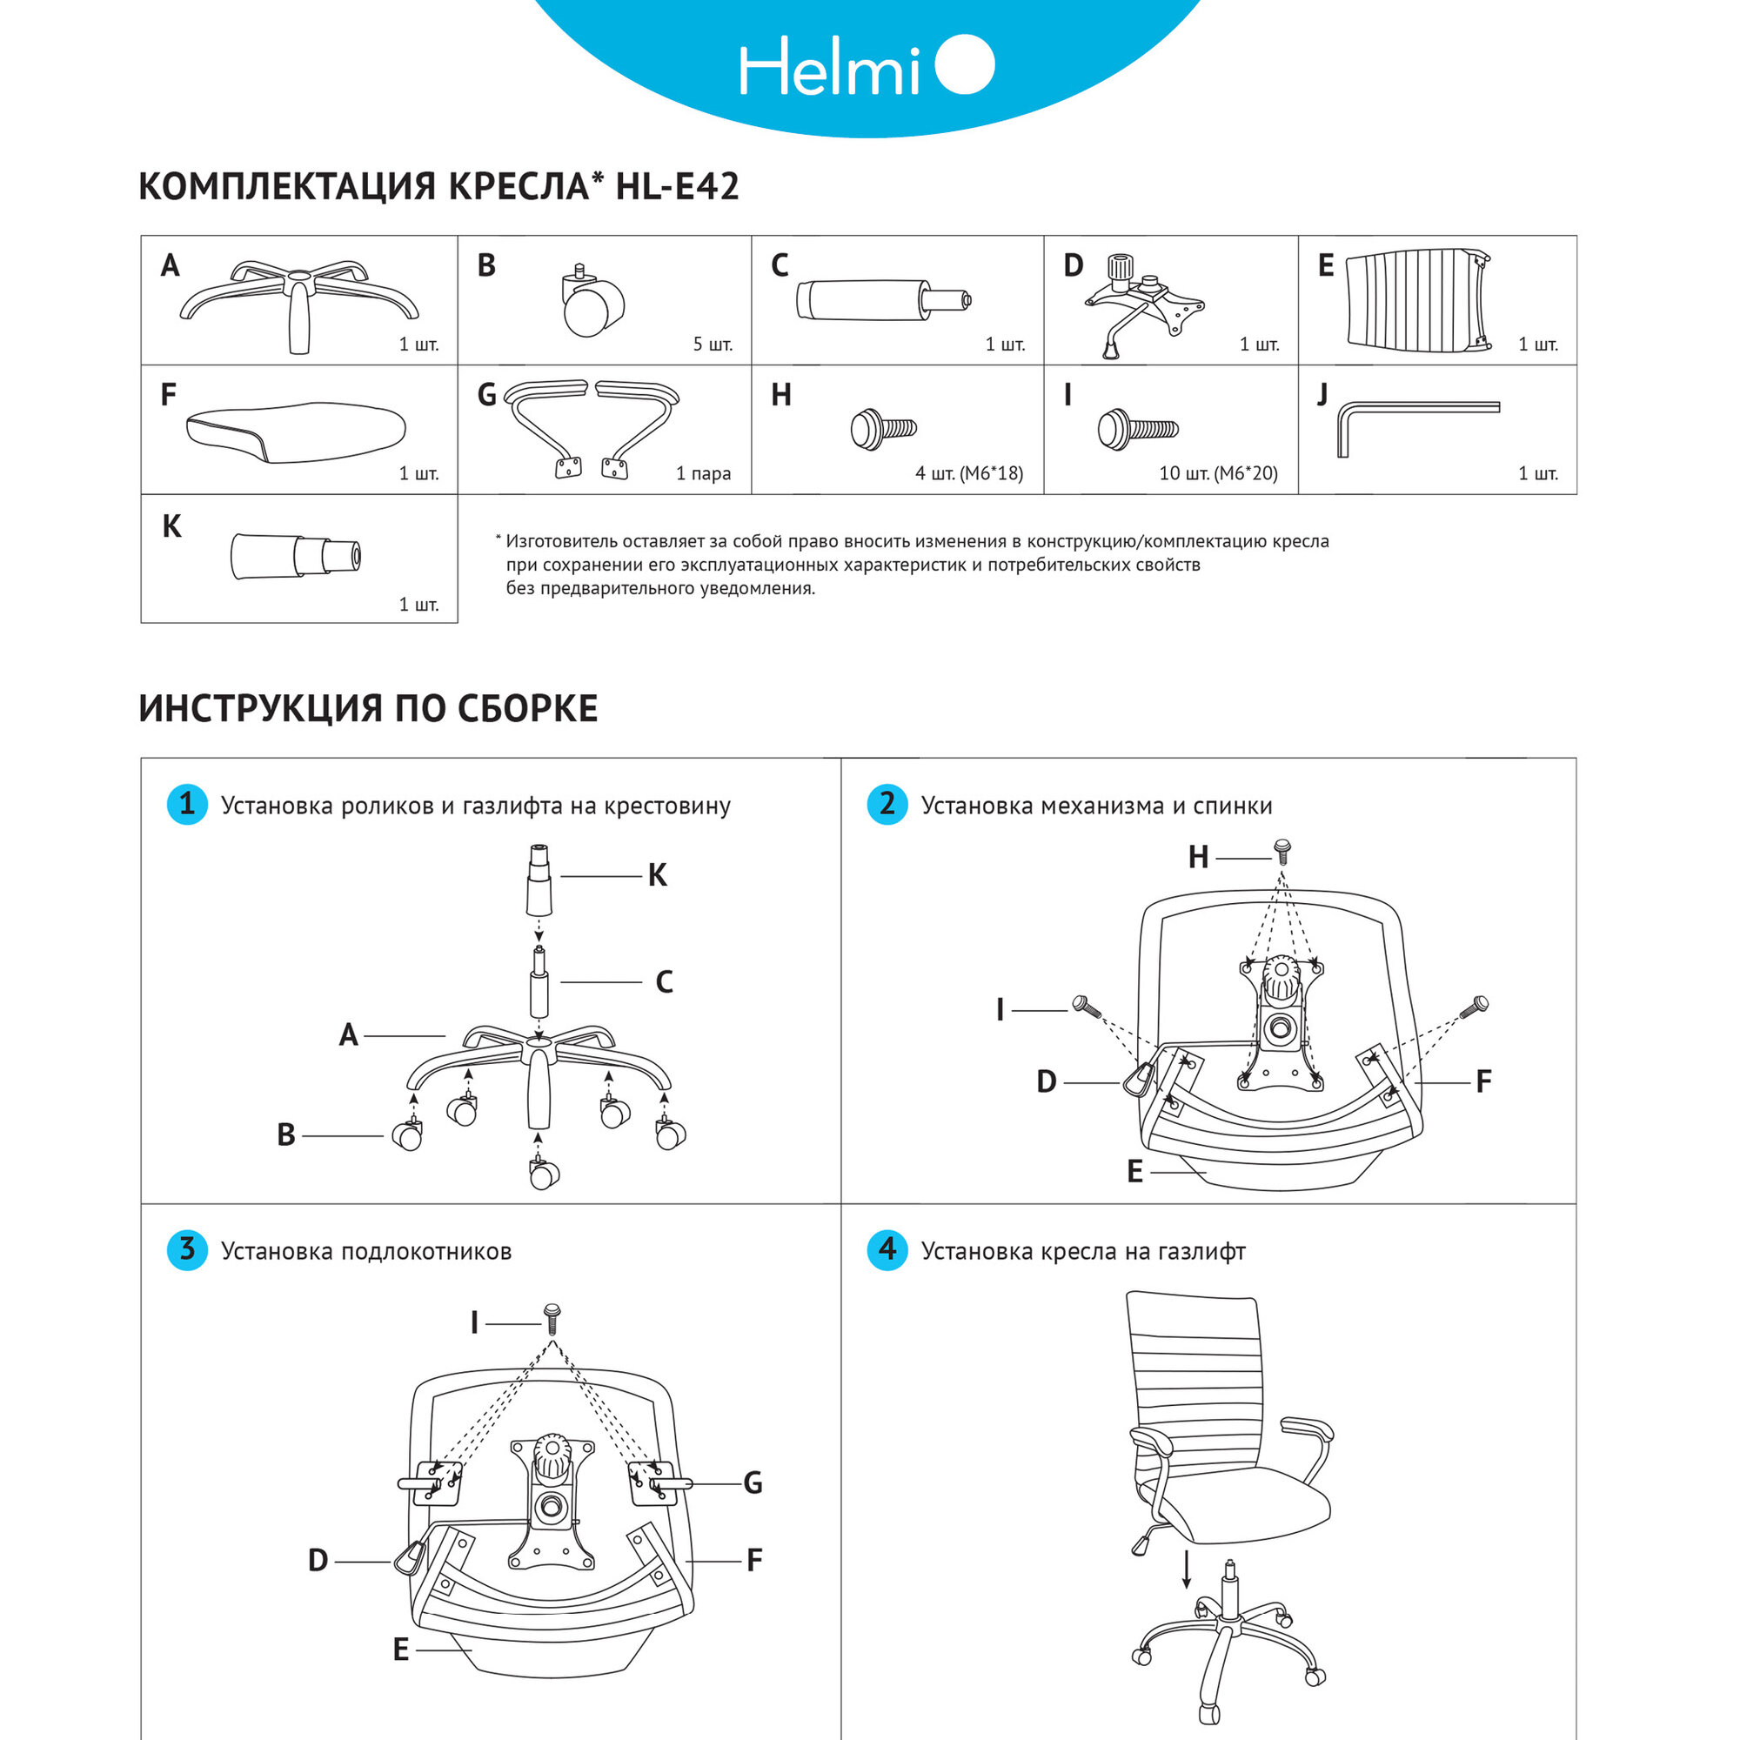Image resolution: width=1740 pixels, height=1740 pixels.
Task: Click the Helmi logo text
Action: tap(828, 67)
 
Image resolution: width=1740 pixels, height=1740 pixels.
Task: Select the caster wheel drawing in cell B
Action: tap(591, 304)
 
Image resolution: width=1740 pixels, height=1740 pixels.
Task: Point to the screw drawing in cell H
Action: tap(882, 429)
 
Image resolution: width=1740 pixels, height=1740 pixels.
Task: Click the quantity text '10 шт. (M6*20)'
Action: tap(1218, 474)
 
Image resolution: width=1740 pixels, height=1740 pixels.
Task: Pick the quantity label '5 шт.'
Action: tap(713, 344)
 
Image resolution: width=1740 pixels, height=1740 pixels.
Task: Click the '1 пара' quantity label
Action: tap(703, 474)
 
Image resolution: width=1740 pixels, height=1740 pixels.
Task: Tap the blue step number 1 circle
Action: tap(187, 803)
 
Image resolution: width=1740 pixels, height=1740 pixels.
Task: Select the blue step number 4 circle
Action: tap(887, 1249)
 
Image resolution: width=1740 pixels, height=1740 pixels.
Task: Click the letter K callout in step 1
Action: tap(658, 875)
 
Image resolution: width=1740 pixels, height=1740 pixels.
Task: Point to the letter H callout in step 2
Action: tap(1198, 858)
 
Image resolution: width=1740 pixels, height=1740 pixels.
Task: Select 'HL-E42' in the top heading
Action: tap(677, 186)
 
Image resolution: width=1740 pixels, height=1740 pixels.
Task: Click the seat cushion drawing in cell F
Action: tap(297, 432)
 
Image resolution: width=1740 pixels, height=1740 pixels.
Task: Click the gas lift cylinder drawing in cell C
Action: tap(882, 300)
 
